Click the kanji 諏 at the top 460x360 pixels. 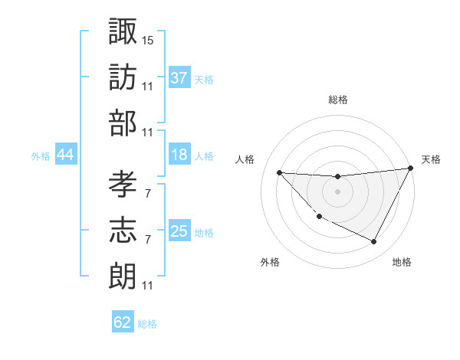(123, 31)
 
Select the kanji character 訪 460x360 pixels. (123, 77)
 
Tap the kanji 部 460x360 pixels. (123, 124)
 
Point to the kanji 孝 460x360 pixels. (123, 184)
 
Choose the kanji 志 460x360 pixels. (123, 231)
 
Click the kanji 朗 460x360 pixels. (123, 277)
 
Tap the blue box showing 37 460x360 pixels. (179, 77)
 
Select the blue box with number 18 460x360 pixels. (179, 155)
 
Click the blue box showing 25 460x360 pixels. (179, 231)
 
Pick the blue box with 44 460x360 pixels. (66, 155)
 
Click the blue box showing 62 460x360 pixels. (123, 322)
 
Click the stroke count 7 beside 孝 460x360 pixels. (147, 193)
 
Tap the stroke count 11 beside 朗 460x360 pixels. (148, 286)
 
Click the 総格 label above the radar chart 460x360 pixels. (338, 100)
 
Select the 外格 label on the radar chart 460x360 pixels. (270, 262)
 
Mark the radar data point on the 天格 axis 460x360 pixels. (410, 169)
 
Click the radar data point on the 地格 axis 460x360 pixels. (374, 242)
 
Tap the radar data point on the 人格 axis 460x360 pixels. (279, 172)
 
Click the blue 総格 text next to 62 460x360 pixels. (148, 324)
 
